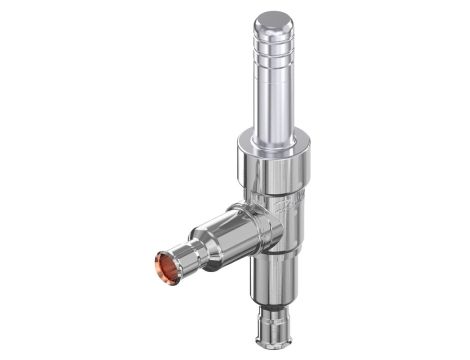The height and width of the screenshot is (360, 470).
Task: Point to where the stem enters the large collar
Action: pyautogui.click(x=274, y=135)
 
